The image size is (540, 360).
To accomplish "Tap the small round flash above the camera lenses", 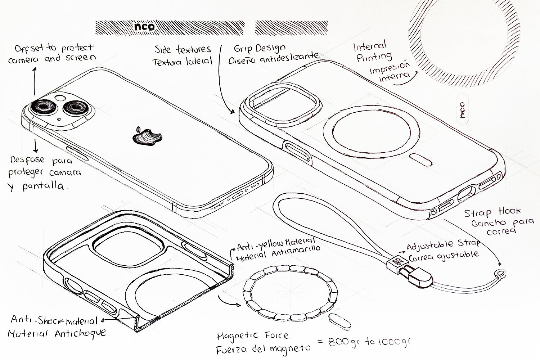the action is click(60, 98).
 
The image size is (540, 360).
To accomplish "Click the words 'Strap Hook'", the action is click(492, 212).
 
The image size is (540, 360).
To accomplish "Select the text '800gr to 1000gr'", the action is click(369, 342).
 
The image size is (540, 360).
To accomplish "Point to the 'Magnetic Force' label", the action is click(253, 336).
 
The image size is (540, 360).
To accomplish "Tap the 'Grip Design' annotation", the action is click(260, 49).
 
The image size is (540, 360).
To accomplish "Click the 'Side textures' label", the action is click(183, 49).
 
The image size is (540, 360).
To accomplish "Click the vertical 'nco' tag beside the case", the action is click(462, 110).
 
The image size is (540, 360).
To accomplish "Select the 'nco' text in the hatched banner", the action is click(144, 26).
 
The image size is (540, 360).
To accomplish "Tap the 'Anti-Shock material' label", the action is click(54, 320).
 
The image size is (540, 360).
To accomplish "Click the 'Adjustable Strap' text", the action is click(443, 245).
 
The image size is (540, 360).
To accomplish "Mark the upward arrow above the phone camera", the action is click(35, 81).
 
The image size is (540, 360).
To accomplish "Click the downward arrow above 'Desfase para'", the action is click(36, 146).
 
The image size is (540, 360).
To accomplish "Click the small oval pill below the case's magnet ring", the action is click(421, 160).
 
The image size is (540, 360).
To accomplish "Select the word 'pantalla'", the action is click(44, 186).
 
